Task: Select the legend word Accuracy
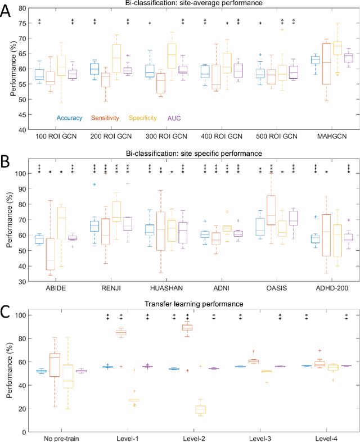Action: tap(70, 118)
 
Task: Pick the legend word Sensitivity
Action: tap(105, 118)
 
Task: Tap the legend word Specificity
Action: tap(142, 118)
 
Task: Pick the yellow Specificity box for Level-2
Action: tap(200, 409)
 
